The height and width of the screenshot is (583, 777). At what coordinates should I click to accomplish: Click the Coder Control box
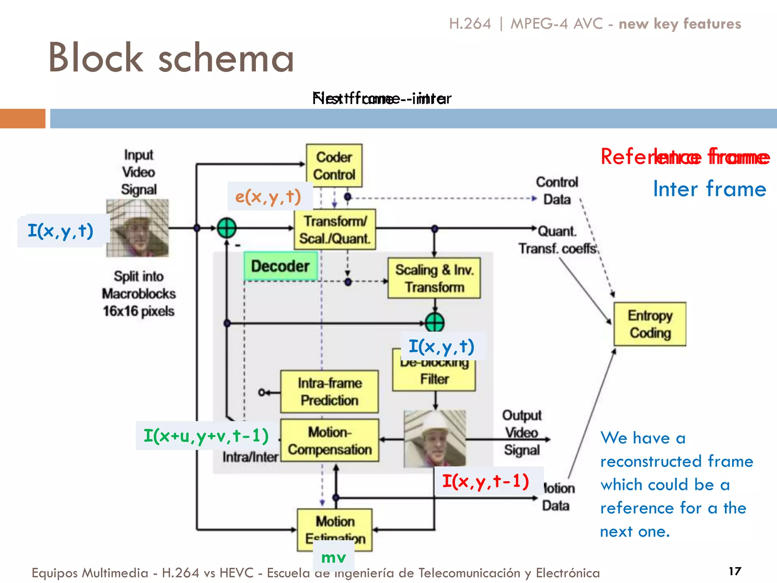[x=334, y=165]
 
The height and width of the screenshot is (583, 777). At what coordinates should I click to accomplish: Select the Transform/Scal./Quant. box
[x=335, y=229]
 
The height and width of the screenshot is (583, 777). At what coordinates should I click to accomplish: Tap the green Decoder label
[x=280, y=266]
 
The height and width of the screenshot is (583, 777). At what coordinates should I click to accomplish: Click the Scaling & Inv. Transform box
[x=434, y=278]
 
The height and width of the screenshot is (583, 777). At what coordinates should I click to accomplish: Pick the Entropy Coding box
[x=650, y=324]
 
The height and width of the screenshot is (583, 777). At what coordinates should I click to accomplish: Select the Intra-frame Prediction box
[x=329, y=392]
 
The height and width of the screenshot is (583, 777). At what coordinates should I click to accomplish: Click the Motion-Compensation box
[x=329, y=441]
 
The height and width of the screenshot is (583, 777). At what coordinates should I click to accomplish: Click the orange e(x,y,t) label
[x=269, y=196]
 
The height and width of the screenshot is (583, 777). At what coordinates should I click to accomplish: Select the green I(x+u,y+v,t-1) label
[x=206, y=436]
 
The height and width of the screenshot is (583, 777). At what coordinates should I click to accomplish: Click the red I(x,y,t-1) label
[x=486, y=481]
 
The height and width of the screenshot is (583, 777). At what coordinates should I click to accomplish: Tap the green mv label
[x=333, y=557]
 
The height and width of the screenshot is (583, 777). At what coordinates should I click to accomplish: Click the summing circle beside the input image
[x=226, y=228]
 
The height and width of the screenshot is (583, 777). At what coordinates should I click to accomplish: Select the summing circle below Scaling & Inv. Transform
[x=434, y=323]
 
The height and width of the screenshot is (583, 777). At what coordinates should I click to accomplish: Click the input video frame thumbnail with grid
[x=137, y=228]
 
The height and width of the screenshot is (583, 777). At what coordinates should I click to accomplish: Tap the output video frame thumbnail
[x=435, y=438]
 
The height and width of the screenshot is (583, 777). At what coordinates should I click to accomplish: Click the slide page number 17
[x=735, y=571]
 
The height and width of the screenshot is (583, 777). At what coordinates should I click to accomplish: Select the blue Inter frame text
[x=709, y=189]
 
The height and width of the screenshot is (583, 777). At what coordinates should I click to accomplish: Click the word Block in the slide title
[x=96, y=58]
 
